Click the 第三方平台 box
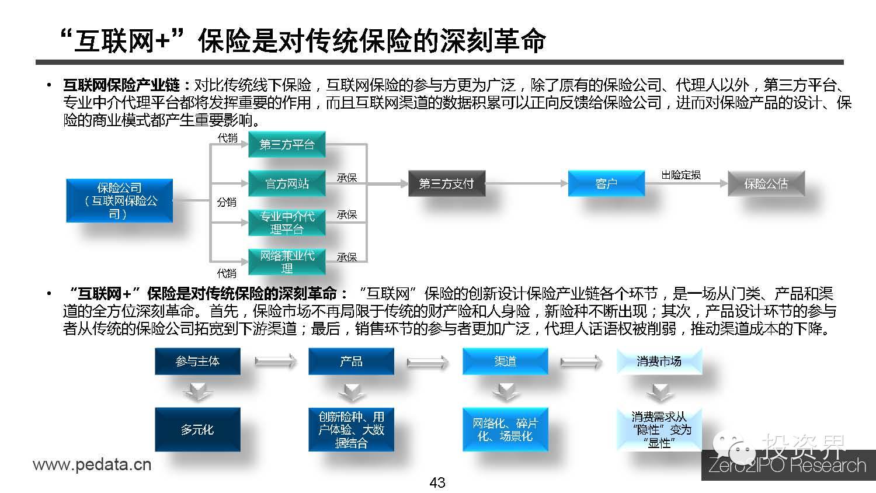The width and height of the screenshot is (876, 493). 287,144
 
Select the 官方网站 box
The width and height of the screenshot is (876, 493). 287,183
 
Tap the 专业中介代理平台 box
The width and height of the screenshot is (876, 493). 287,223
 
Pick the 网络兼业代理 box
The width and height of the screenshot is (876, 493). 287,262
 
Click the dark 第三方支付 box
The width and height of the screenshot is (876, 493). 446,183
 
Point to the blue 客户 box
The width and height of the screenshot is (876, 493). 606,183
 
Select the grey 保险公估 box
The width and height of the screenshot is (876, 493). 766,183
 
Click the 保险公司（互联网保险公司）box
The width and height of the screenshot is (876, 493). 119,201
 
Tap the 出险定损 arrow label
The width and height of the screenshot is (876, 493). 681,175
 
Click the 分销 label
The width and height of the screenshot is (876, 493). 227,202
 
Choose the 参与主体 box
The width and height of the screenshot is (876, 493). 197,362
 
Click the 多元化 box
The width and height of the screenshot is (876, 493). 197,429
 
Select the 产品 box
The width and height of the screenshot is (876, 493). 351,362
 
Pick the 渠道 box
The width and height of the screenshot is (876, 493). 505,362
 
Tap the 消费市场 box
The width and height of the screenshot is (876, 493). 659,362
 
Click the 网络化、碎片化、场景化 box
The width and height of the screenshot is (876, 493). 505,429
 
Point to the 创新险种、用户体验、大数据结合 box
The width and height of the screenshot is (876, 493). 351,429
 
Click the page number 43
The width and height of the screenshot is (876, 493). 437,482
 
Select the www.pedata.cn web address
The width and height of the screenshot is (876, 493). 92,465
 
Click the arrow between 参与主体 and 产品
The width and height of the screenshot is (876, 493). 276,362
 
